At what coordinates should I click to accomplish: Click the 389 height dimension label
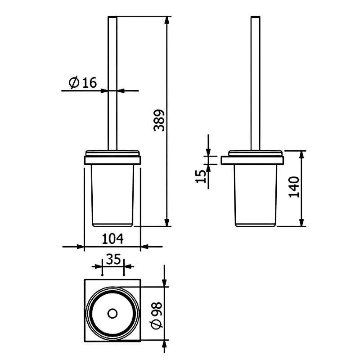click(159, 120)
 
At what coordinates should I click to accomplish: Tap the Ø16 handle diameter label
click(83, 83)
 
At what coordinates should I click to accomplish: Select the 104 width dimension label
click(112, 239)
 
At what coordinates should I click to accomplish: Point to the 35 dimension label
click(113, 260)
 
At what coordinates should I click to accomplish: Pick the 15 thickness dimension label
click(201, 176)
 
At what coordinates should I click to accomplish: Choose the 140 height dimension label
click(294, 187)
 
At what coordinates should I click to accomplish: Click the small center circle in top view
click(112, 314)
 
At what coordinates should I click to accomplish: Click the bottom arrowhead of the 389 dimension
click(167, 222)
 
